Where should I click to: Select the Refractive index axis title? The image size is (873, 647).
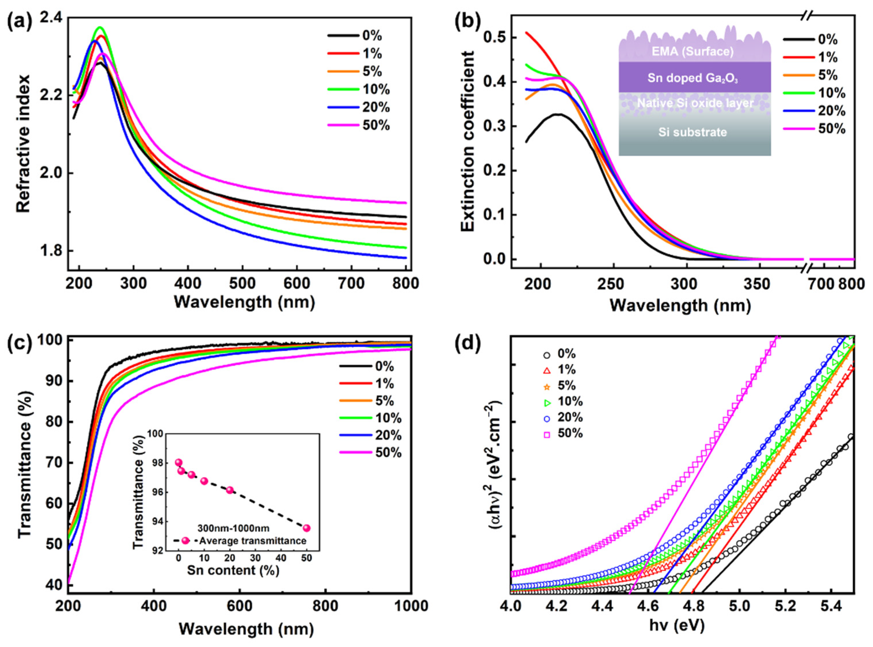tap(24, 144)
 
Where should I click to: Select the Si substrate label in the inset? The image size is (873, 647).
tap(693, 132)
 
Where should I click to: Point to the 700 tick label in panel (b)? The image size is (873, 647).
tap(821, 284)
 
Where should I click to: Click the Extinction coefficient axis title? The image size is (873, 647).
tap(468, 141)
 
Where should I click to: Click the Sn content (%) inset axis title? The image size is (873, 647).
tap(233, 570)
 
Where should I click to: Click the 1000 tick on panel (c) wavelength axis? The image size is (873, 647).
tap(410, 606)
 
